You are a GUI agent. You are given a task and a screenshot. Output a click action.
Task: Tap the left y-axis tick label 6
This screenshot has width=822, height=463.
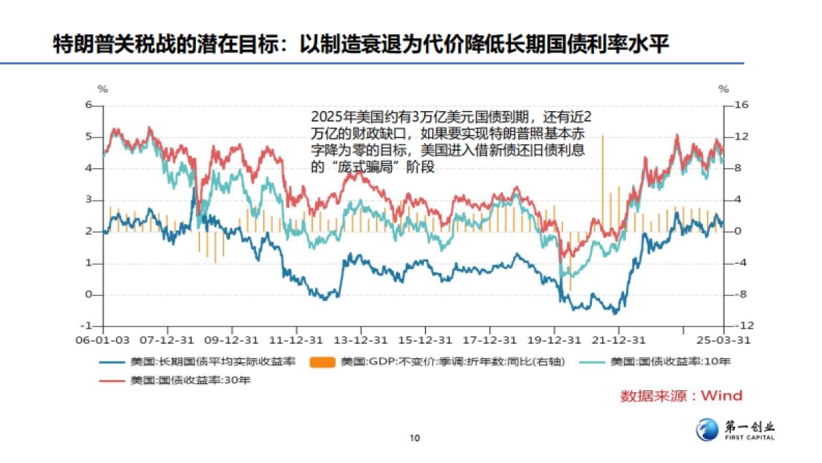(88, 105)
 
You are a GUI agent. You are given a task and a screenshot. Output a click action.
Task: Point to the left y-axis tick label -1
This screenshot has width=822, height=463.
(88, 327)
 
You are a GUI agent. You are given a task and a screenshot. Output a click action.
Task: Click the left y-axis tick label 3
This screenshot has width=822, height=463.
(88, 200)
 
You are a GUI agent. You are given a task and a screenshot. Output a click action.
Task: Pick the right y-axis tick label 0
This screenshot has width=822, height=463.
(736, 232)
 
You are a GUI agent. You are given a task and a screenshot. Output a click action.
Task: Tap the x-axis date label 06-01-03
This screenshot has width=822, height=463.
(103, 340)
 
